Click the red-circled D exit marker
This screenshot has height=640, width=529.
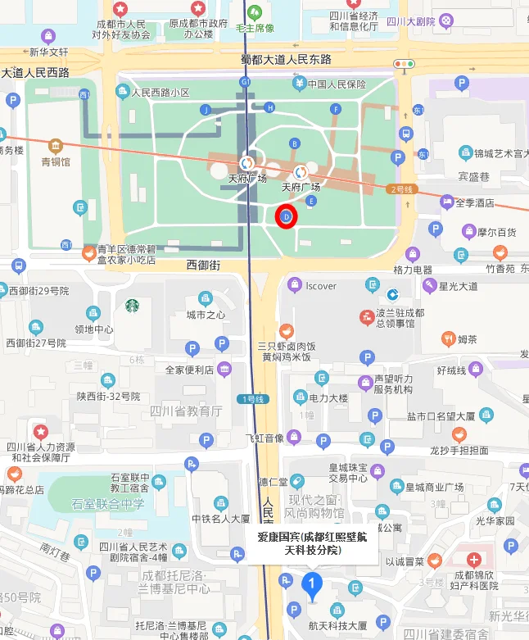coord(286,217)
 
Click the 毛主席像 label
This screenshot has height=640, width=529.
coord(254,28)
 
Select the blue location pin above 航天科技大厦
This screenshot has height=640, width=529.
coord(311,585)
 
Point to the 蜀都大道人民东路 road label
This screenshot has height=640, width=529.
coord(286,59)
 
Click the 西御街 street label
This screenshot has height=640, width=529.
coord(203,265)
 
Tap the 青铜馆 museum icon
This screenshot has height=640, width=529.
coord(56,147)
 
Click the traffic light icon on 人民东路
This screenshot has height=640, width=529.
coord(404,64)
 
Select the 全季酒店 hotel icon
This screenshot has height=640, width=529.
coord(447,202)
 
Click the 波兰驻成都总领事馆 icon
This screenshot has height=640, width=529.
coord(366,317)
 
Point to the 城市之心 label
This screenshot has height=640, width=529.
coord(205,315)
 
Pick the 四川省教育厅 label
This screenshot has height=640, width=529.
coord(185,410)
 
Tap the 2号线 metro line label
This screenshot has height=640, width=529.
coord(404,189)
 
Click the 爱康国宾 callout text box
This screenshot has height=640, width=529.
coord(312,543)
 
